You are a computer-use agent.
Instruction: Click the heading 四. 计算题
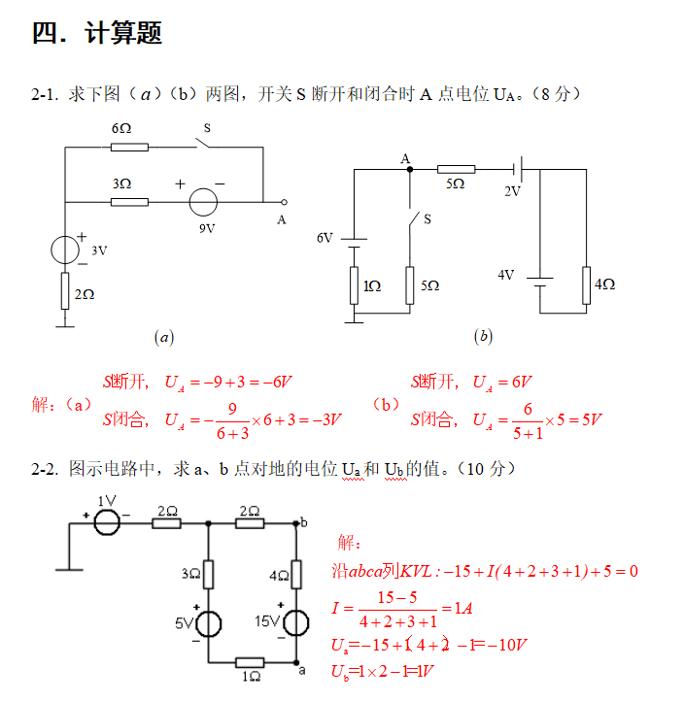(97, 33)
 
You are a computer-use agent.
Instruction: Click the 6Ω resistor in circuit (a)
(129, 148)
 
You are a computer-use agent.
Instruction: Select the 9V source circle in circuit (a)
(203, 202)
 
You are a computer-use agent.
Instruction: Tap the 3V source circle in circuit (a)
(65, 250)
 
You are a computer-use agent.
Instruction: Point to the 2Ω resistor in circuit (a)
(65, 290)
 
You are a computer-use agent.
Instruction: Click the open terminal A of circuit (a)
(284, 202)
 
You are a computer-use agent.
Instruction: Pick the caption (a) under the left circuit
(164, 337)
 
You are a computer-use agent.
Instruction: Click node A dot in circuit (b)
(409, 169)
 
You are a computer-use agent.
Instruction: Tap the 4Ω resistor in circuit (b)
(586, 284)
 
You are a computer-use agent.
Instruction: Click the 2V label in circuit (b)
(512, 191)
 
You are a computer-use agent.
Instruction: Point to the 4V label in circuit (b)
(505, 275)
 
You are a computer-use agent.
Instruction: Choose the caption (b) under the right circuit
(483, 337)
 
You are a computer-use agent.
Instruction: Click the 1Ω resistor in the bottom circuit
(251, 663)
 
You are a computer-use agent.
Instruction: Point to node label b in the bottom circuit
(304, 522)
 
